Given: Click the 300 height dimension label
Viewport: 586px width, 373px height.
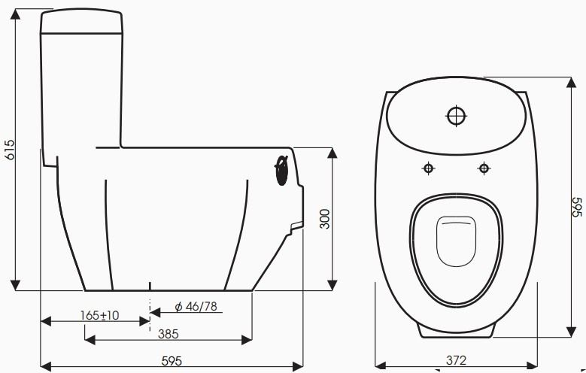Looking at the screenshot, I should [325, 219].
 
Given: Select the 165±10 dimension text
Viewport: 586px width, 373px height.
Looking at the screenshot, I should [100, 316].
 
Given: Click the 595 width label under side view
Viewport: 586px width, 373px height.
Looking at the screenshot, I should [172, 361].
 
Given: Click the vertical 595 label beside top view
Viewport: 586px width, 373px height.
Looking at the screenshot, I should [577, 207].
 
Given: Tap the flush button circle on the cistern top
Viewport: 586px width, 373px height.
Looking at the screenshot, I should [457, 116].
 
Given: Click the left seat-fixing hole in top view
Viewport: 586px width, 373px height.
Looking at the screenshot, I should [428, 168].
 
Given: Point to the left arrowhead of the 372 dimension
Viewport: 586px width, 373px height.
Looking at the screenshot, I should [379, 367].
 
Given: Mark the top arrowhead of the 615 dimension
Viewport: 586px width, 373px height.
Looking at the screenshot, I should [16, 13].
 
